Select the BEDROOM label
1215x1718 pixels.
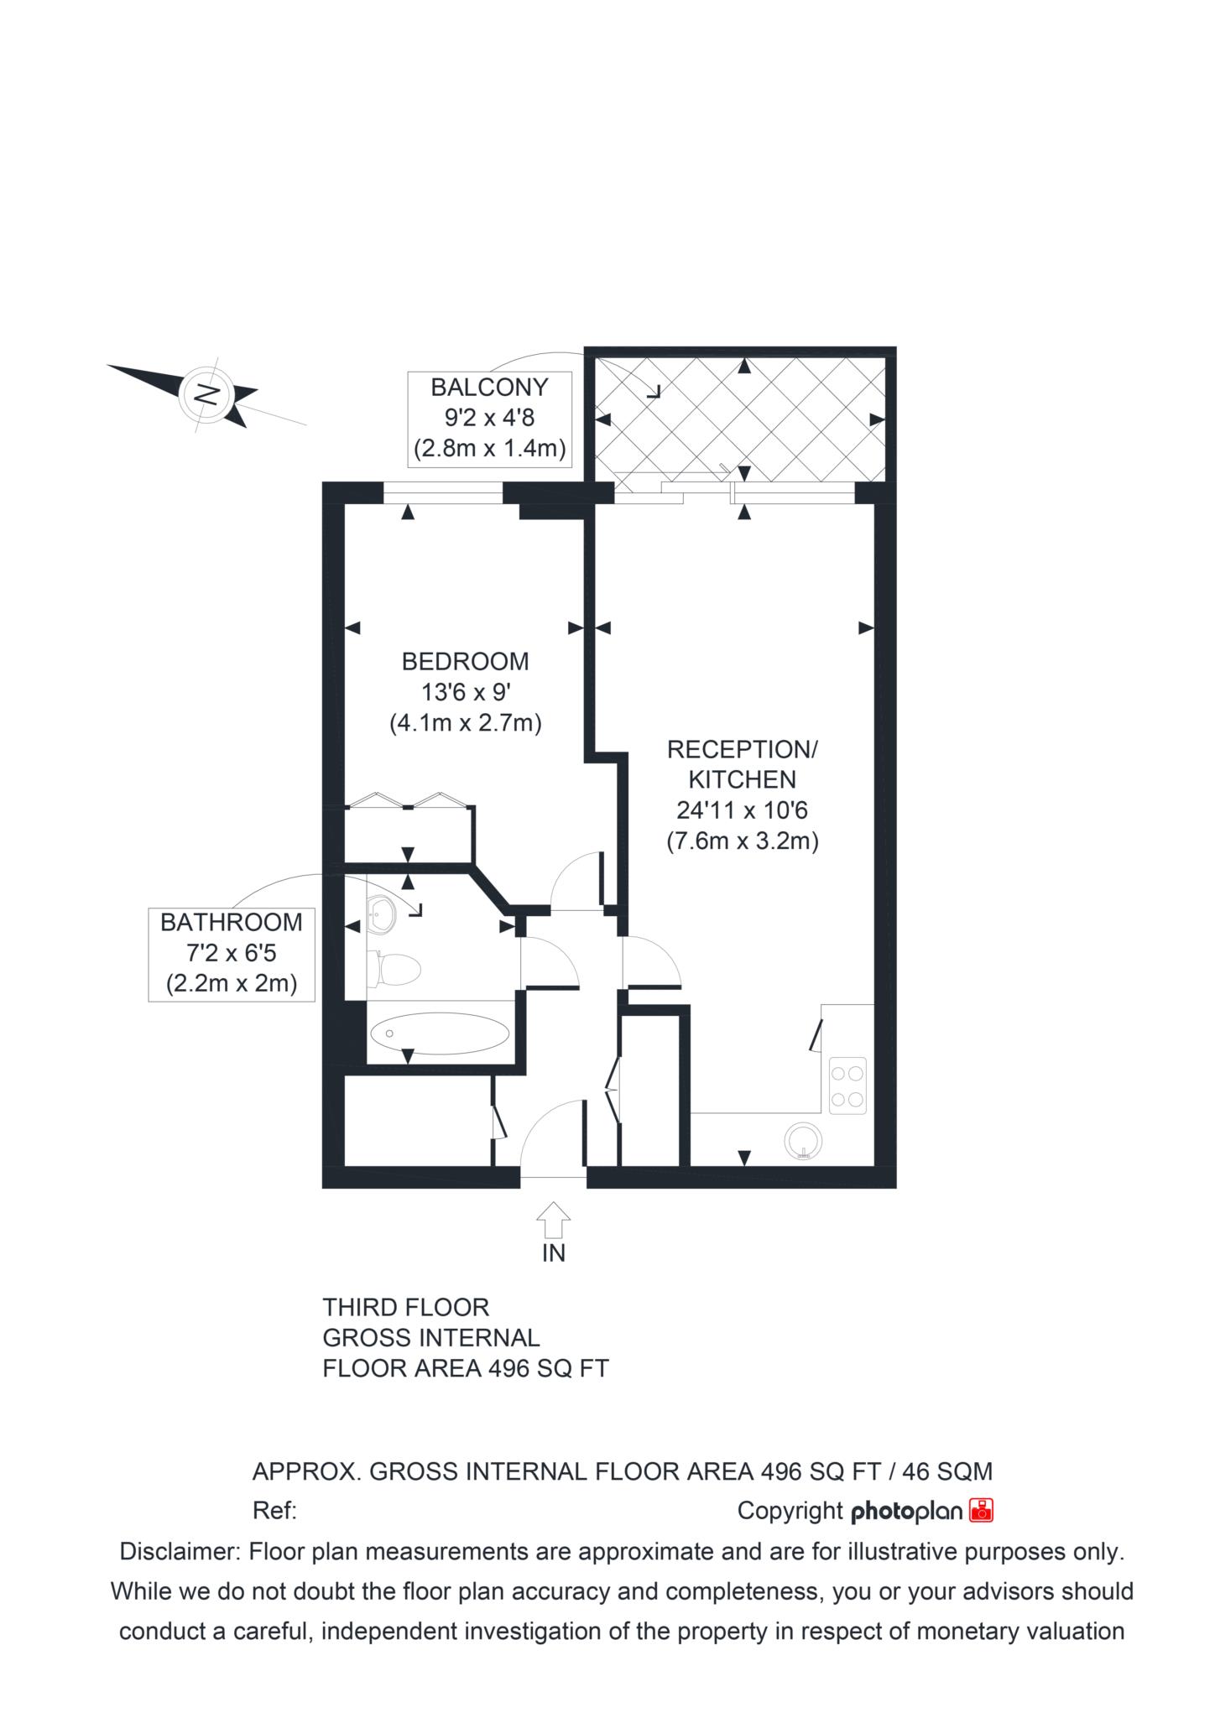466,662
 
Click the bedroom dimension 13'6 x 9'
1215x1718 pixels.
466,692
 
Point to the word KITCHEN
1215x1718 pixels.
743,780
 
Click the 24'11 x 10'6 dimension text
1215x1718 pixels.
743,810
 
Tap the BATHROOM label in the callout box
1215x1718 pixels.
232,923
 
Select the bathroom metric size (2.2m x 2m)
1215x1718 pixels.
232,983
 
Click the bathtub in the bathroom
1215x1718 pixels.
439,1033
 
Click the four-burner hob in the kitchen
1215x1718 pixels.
847,1086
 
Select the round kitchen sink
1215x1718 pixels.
804,1141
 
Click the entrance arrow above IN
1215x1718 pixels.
553,1220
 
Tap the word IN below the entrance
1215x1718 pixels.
554,1253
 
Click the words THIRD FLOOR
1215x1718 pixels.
406,1308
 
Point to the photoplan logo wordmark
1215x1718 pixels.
907,1511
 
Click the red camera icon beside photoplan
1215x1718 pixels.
981,1510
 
